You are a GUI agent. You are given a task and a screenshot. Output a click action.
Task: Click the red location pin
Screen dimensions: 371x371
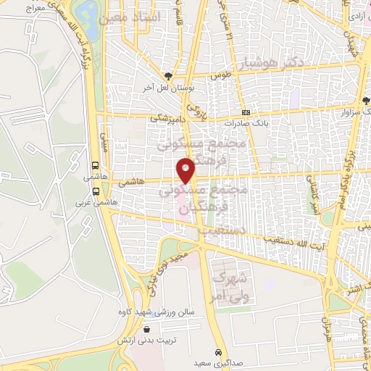pyautogui.click(x=186, y=170)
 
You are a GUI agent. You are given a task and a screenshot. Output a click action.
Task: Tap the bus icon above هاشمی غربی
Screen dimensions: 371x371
pyautogui.click(x=96, y=191)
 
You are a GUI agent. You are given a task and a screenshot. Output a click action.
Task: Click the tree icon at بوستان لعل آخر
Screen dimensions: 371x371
pyautogui.click(x=168, y=75)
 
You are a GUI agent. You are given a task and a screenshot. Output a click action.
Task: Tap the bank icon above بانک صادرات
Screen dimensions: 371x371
pyautogui.click(x=246, y=113)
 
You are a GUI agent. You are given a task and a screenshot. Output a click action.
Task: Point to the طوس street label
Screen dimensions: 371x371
pyautogui.click(x=220, y=75)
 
